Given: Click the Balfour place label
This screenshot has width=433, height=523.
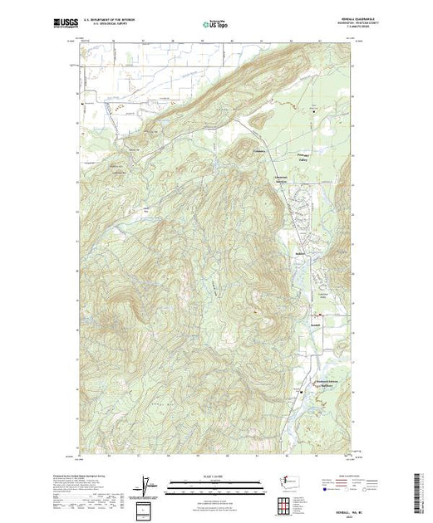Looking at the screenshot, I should [300, 254].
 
